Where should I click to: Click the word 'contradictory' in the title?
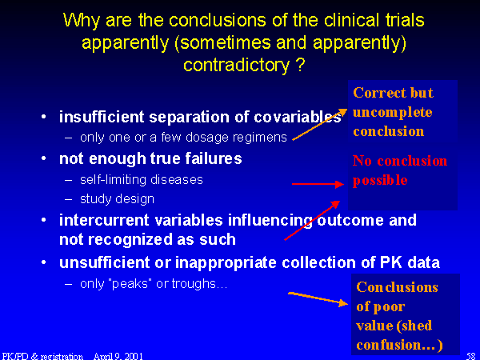(x=236, y=66)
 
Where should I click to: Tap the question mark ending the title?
(x=300, y=64)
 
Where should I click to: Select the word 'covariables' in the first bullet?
(x=298, y=117)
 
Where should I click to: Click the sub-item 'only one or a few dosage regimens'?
(x=183, y=138)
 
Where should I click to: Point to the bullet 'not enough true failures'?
(x=150, y=158)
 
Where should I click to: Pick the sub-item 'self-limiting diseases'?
(x=142, y=179)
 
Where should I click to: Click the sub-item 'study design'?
(x=117, y=199)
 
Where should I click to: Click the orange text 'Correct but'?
(x=393, y=93)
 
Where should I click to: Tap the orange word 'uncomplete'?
(x=393, y=113)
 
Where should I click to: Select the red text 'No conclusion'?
(x=400, y=161)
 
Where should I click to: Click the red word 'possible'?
(x=380, y=180)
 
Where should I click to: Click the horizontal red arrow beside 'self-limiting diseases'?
(x=318, y=184)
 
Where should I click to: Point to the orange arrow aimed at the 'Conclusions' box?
(x=318, y=298)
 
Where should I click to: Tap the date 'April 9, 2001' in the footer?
(x=118, y=356)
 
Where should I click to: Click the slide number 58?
(x=471, y=356)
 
